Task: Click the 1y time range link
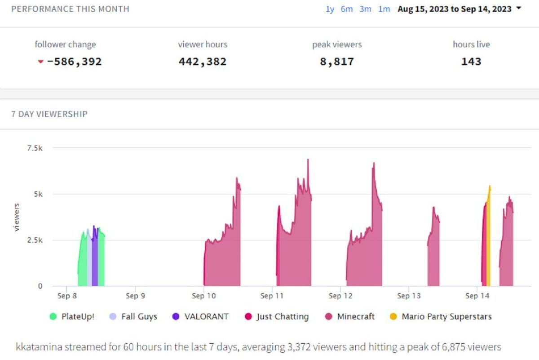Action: (330, 9)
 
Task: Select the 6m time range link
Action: (347, 9)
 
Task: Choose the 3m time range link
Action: (365, 9)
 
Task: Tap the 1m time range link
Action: (384, 9)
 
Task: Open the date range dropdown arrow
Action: (519, 9)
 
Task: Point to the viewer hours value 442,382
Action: (203, 62)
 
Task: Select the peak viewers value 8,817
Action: (337, 62)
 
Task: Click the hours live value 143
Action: (471, 62)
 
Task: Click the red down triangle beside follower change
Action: (41, 62)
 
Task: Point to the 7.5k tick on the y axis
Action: (35, 148)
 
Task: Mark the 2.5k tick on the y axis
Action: (35, 240)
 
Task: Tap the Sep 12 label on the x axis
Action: (340, 296)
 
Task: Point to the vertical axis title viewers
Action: (17, 217)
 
